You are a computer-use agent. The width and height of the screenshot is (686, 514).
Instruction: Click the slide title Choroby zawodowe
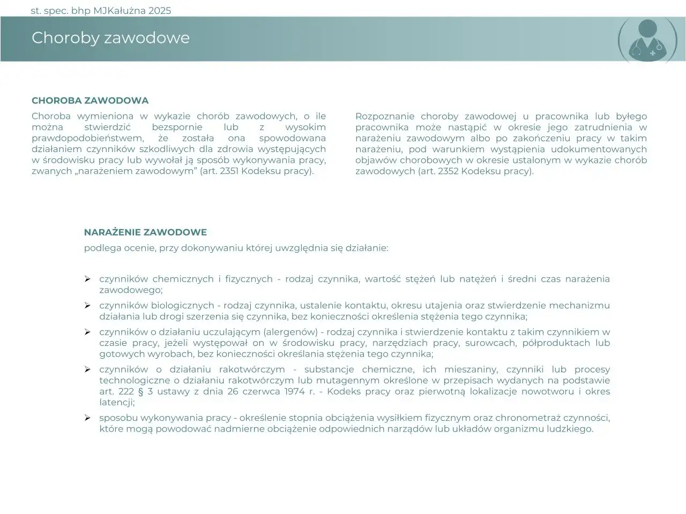tap(110, 38)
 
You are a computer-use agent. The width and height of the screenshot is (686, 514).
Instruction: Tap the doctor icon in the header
tap(647, 40)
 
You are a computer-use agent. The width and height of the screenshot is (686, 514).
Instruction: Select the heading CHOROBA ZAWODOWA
tap(90, 101)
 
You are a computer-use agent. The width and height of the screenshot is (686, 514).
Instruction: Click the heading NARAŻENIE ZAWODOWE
tap(145, 232)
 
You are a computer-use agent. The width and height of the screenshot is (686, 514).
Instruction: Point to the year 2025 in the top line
tap(159, 11)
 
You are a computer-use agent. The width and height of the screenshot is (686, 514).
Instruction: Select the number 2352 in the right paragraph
tap(446, 171)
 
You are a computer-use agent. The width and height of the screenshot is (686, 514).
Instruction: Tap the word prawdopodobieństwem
tap(87, 138)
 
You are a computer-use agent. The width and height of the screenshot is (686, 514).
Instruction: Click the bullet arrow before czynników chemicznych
tap(87, 279)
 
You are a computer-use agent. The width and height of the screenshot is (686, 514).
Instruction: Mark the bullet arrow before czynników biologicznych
tap(87, 305)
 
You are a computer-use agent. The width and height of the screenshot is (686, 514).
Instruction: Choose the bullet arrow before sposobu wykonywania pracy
tap(87, 418)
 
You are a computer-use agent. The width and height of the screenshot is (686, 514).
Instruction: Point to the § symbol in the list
tap(142, 391)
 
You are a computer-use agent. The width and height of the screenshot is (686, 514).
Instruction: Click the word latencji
tap(116, 402)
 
